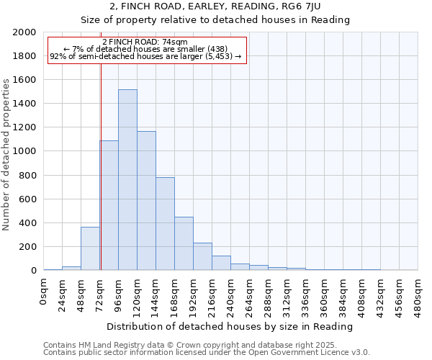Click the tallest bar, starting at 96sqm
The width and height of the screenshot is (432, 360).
(x=127, y=180)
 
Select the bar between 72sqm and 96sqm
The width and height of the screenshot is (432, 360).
(x=109, y=205)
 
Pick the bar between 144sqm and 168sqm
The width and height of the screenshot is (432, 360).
(x=165, y=224)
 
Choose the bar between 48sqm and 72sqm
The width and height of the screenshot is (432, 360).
(x=90, y=249)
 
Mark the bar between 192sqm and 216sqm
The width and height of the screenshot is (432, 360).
(x=202, y=257)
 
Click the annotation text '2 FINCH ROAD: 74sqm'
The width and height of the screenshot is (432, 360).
(x=146, y=42)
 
